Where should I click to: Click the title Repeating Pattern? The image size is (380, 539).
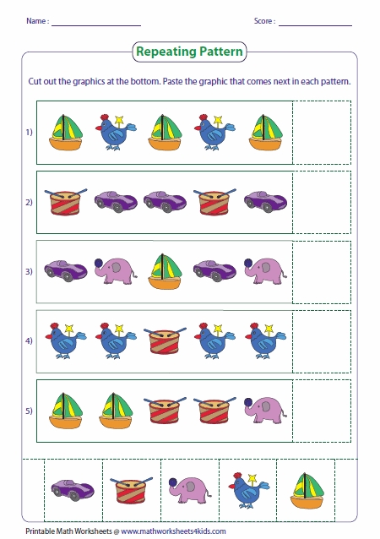[189, 52]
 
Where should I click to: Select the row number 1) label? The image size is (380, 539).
[28, 133]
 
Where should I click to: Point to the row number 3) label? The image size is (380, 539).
[28, 271]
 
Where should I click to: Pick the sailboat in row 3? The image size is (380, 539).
[164, 270]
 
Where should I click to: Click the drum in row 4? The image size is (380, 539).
[164, 340]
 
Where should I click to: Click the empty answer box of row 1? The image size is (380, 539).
[322, 132]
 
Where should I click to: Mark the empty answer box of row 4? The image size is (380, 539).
[322, 340]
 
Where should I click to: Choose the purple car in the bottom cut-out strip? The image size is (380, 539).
[66, 488]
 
